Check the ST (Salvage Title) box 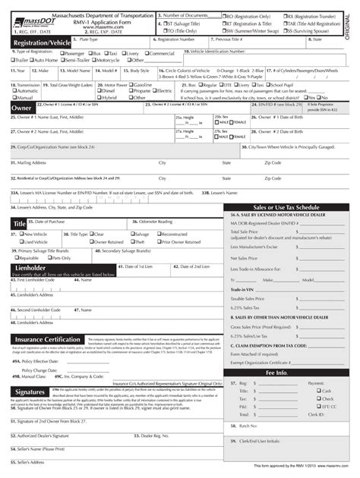(x=160, y=22)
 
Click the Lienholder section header (x=33, y=268)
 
